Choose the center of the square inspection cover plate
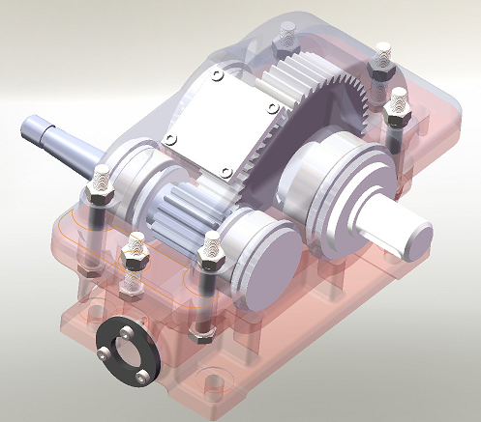pos(211,125)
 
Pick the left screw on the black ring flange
pos(104,355)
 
